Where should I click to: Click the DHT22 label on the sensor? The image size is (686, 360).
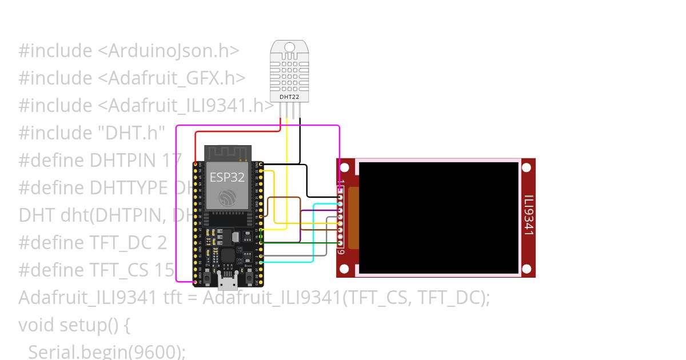[x=289, y=97]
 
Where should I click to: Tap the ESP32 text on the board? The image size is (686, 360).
[x=227, y=177]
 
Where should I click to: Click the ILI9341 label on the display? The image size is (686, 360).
[x=529, y=215]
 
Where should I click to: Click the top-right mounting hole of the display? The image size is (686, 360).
[x=527, y=167]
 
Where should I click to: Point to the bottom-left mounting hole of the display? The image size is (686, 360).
[x=344, y=269]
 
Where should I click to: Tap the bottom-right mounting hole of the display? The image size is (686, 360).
[x=527, y=269]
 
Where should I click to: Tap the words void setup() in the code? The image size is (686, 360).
[x=75, y=325]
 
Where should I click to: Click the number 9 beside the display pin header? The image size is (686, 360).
[x=341, y=252]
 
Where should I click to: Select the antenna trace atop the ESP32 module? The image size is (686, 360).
[x=228, y=153]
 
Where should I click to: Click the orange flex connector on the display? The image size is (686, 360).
[x=353, y=218]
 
